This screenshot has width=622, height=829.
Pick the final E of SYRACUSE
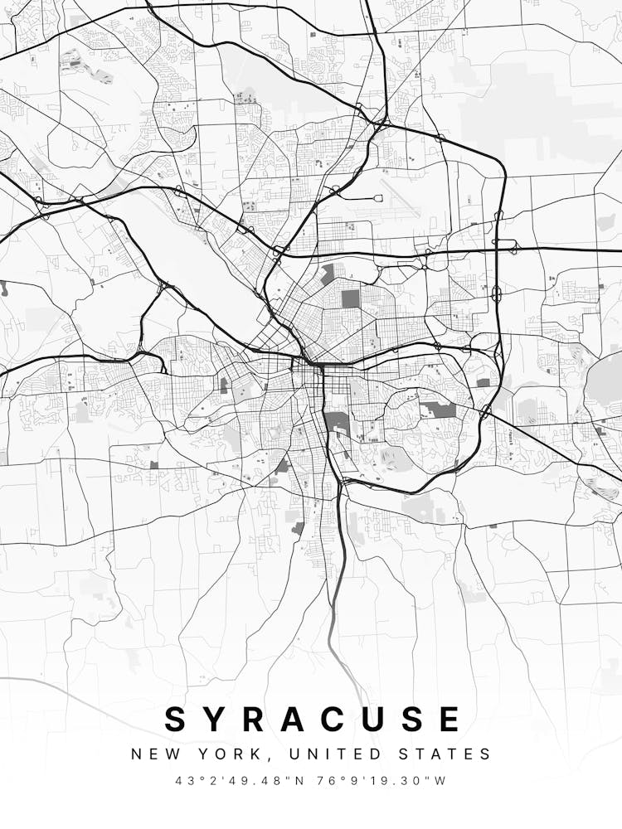pyautogui.click(x=449, y=719)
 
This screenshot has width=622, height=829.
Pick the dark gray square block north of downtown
pyautogui.click(x=352, y=298)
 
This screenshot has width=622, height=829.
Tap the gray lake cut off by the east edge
pyautogui.click(x=607, y=381)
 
